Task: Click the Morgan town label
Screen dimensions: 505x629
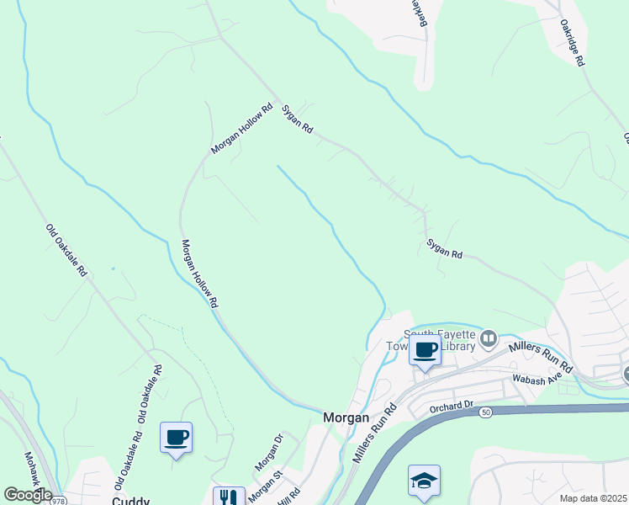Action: click(346, 417)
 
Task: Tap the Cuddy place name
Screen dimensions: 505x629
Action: click(130, 499)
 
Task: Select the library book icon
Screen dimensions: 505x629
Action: click(489, 340)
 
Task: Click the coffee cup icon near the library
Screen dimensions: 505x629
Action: click(425, 350)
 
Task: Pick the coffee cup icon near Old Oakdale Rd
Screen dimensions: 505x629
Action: click(177, 437)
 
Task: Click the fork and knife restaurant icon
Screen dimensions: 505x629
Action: click(228, 497)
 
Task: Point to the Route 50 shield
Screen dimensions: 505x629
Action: click(486, 413)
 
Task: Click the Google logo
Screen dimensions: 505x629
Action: click(27, 495)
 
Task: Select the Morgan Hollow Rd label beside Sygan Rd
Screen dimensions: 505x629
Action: click(242, 128)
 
